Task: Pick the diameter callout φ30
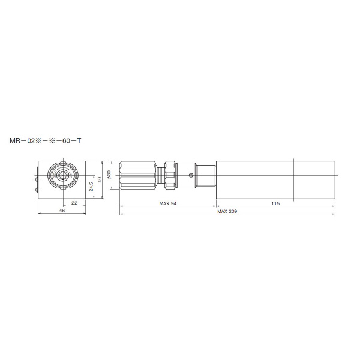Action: pyautogui.click(x=109, y=174)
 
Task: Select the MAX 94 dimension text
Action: pyautogui.click(x=167, y=203)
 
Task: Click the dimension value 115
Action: pyautogui.click(x=275, y=203)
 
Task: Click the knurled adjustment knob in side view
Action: pyautogui.click(x=138, y=175)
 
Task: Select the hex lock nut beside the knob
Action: pyautogui.click(x=170, y=175)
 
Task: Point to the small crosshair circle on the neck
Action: pyautogui.click(x=191, y=175)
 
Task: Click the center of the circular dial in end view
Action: pyautogui.click(x=62, y=175)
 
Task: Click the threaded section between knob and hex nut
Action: pyautogui.click(x=160, y=175)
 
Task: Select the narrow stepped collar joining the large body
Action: pyautogui.click(x=207, y=175)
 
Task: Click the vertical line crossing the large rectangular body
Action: pyautogui.click(x=293, y=180)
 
